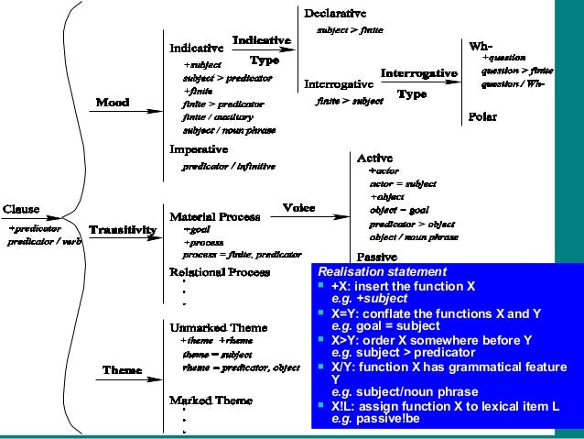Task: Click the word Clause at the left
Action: tap(21, 209)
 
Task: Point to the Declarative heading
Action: tap(335, 14)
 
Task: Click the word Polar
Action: tap(482, 116)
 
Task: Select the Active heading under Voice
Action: tap(374, 158)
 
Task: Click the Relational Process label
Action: tap(220, 272)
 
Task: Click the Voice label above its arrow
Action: tap(298, 207)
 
